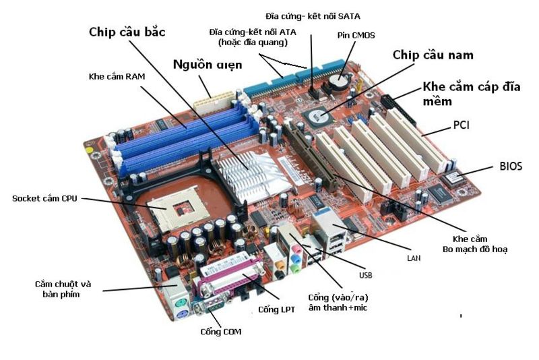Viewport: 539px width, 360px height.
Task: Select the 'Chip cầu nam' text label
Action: tap(433, 55)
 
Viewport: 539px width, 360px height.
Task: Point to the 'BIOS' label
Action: tap(511, 165)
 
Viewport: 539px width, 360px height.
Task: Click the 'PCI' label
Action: tap(461, 126)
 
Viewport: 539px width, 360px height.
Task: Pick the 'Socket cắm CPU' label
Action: tap(45, 198)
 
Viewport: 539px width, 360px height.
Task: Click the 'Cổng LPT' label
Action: tap(276, 309)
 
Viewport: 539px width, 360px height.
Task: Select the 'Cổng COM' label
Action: tap(220, 332)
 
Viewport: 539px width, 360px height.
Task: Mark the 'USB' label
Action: tap(365, 275)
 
